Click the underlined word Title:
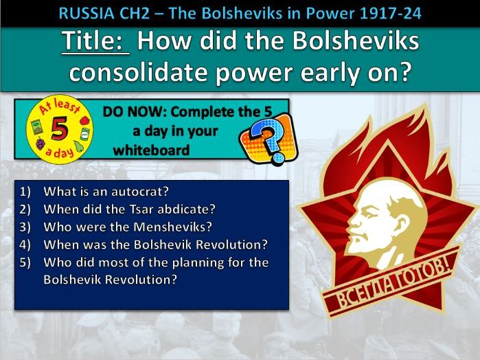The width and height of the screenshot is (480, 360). click(95, 43)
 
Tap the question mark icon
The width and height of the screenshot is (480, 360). click(269, 137)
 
